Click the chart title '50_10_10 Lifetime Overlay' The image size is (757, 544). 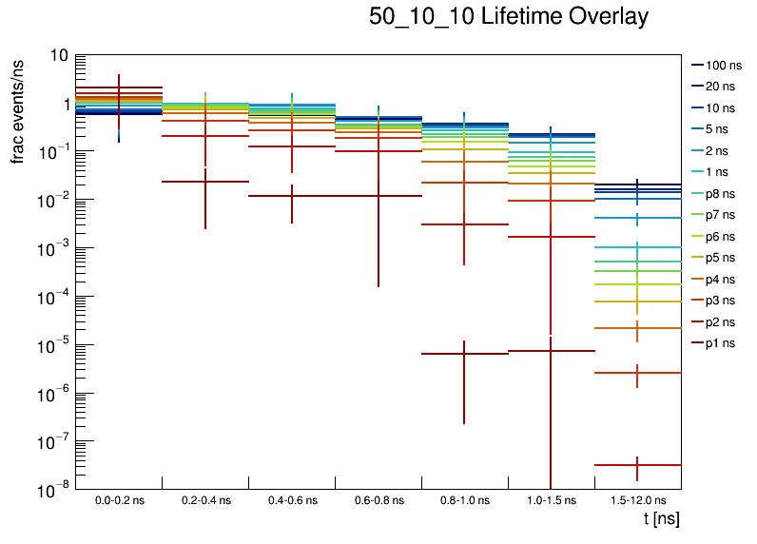click(509, 17)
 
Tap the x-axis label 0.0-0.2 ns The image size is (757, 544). click(119, 500)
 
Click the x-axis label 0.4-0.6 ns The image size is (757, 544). click(292, 500)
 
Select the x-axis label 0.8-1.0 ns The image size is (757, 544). click(464, 500)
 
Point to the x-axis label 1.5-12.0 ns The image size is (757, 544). click(637, 500)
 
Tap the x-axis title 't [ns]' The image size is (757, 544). click(661, 519)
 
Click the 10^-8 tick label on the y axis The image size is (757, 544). click(53, 489)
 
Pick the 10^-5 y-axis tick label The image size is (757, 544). click(53, 344)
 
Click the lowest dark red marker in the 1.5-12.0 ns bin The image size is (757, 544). click(637, 465)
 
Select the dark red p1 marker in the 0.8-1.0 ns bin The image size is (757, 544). click(464, 354)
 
